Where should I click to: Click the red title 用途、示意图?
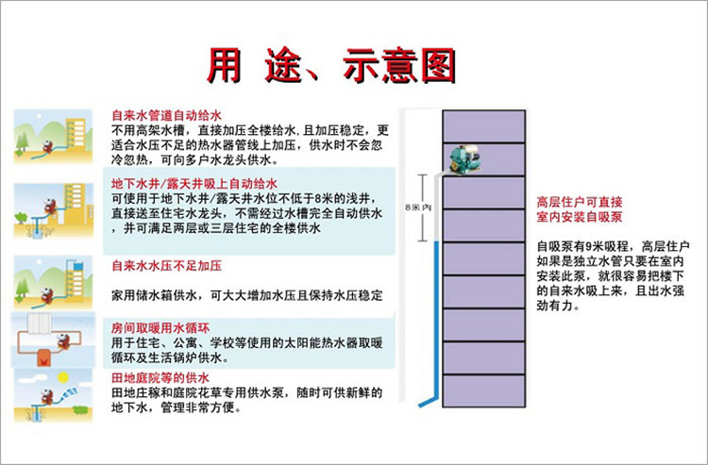(x=331, y=66)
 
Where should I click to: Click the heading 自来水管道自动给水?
(x=166, y=115)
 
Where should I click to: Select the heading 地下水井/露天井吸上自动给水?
(x=194, y=184)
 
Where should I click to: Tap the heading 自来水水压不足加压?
(x=166, y=266)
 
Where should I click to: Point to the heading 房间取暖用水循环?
(x=160, y=328)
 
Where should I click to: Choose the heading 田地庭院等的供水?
(x=160, y=377)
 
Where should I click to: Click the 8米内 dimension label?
(x=417, y=208)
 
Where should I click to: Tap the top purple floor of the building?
(x=483, y=126)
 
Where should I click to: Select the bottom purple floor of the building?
(x=483, y=390)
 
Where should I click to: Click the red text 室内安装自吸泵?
(x=580, y=217)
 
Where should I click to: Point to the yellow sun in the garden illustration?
(x=62, y=377)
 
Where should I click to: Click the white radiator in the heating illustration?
(x=41, y=323)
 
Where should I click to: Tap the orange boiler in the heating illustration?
(x=43, y=357)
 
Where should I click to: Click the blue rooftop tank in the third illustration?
(x=78, y=266)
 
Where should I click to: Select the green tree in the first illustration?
(x=21, y=143)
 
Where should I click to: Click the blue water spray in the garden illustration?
(x=69, y=393)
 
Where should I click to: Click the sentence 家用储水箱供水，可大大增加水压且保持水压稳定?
(x=247, y=295)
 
